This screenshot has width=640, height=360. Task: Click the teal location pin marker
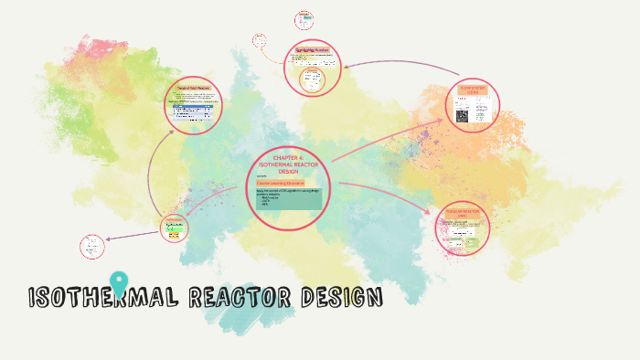(119, 283)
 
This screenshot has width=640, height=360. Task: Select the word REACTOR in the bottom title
(239, 298)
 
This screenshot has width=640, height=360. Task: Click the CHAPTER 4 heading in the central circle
(288, 164)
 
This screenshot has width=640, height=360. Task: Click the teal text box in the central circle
(289, 196)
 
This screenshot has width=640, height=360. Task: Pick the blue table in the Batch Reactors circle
(193, 109)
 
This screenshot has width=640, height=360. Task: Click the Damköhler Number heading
(312, 49)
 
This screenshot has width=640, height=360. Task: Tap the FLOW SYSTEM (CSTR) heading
(473, 90)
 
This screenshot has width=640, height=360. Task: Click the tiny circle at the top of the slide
(304, 19)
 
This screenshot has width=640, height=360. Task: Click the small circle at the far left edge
(92, 246)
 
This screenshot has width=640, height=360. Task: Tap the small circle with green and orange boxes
(174, 228)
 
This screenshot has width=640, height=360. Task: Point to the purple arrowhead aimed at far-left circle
(109, 240)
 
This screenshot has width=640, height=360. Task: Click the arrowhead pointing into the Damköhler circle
(345, 65)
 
